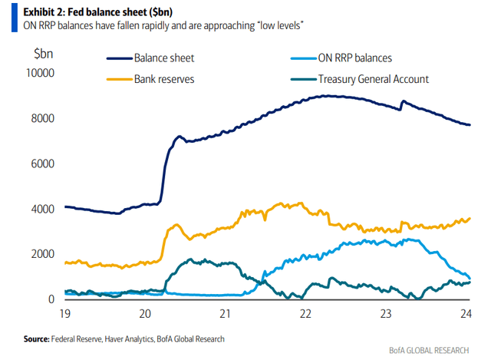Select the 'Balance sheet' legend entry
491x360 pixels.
[x=165, y=58]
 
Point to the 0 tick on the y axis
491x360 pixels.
[x=51, y=299]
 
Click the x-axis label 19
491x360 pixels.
[x=66, y=313]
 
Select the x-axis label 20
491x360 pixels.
[x=146, y=313]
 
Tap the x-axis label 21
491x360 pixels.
[x=226, y=313]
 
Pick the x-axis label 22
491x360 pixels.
[x=305, y=313]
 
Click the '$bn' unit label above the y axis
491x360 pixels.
[x=44, y=54]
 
